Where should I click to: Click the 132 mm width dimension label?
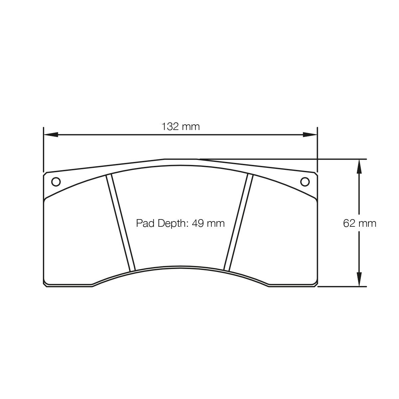point(181,126)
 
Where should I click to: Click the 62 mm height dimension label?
point(359,223)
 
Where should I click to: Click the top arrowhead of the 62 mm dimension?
point(359,166)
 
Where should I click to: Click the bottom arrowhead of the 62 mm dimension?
point(359,279)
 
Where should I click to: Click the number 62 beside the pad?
point(350,223)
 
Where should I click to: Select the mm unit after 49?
point(216,223)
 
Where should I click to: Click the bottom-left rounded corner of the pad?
point(46,284)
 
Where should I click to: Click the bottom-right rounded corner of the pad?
point(315,284)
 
